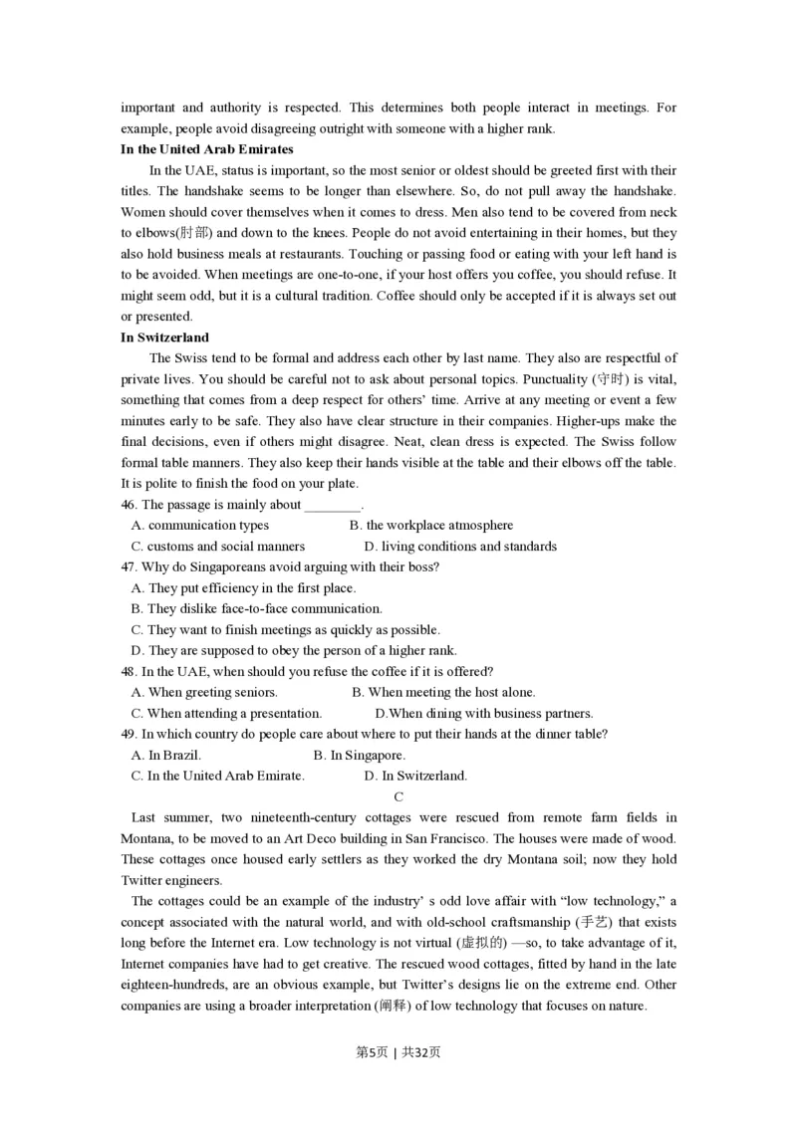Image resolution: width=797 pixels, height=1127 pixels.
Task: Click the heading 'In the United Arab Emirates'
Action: [x=207, y=149]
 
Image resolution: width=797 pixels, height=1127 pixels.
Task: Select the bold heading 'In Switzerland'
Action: [x=164, y=338]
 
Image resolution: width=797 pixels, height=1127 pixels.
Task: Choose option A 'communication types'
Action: [x=200, y=525]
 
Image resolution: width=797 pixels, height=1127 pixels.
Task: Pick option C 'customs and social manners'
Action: [x=218, y=546]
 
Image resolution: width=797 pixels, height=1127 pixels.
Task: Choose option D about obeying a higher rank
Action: [x=294, y=650]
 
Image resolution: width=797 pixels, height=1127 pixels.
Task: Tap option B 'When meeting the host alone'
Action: [x=443, y=692]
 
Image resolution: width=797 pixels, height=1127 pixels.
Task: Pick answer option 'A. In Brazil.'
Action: [x=166, y=755]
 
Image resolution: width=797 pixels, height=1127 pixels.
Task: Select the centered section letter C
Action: [x=398, y=796]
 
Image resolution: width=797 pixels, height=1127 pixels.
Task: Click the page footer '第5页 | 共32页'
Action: [x=398, y=1052]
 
